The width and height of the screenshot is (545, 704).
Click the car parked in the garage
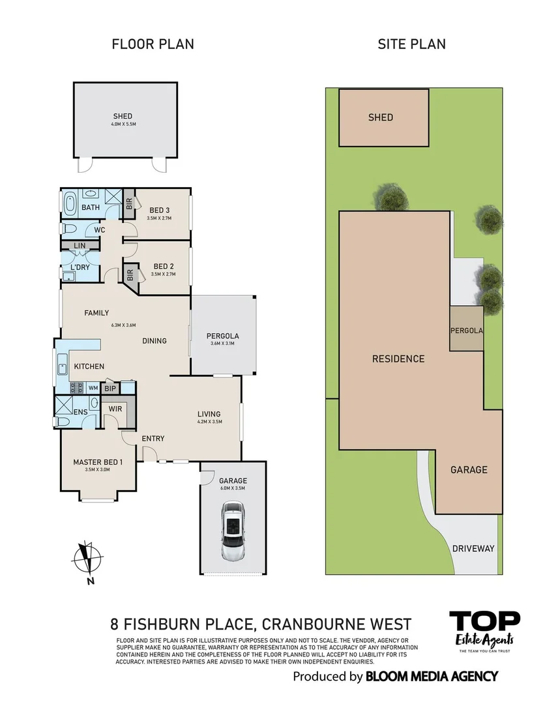[x=232, y=531]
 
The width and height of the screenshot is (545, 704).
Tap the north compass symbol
[x=87, y=560]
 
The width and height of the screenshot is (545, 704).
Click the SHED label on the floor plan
[x=123, y=117]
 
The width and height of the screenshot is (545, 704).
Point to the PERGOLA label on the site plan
[x=467, y=330]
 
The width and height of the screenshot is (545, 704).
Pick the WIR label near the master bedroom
[x=115, y=409]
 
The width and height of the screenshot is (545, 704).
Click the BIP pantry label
[x=110, y=389]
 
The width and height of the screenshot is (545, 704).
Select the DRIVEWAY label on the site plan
[x=473, y=548]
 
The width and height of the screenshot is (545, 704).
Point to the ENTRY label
[x=153, y=438]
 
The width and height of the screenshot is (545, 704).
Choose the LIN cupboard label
[x=80, y=246]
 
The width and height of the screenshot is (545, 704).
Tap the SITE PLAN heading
[x=412, y=44]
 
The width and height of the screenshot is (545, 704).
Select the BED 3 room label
[x=160, y=210]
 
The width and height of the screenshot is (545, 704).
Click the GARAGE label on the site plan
[x=469, y=469]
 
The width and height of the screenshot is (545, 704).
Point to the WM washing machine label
[x=93, y=389]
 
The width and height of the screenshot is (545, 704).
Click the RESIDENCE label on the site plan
[x=398, y=359]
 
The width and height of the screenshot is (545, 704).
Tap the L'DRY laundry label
[x=80, y=268]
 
